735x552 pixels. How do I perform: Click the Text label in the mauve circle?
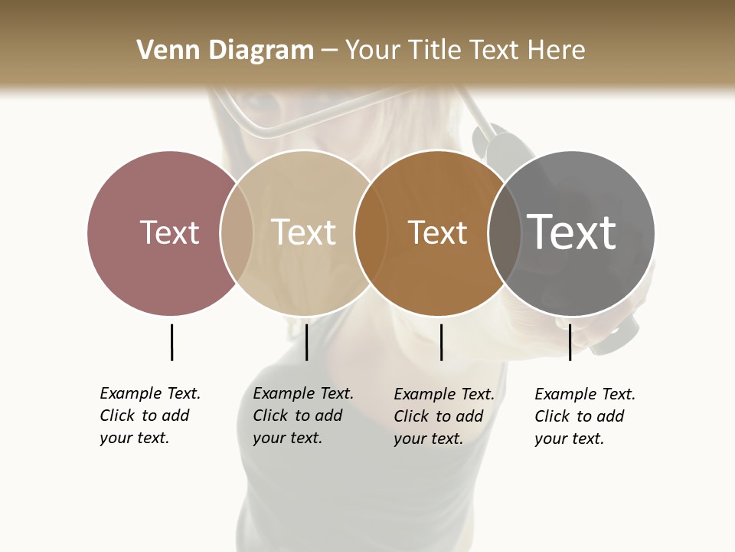point(169,232)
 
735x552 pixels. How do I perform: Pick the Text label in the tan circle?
point(304,232)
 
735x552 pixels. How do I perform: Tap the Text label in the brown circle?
point(437,232)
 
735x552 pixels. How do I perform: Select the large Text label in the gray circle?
point(572,232)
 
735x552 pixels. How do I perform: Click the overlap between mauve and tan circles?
point(237,232)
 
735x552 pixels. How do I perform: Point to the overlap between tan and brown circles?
point(364,232)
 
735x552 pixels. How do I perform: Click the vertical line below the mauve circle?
point(171,342)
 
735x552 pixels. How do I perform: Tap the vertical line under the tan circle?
point(306,342)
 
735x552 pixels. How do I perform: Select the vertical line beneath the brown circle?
point(441,342)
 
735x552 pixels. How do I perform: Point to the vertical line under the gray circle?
point(570,342)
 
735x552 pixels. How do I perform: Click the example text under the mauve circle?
point(150,416)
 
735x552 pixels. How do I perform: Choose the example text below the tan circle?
point(303,416)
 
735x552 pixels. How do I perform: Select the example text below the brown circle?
point(444,416)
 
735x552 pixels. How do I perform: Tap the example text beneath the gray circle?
point(585,416)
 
